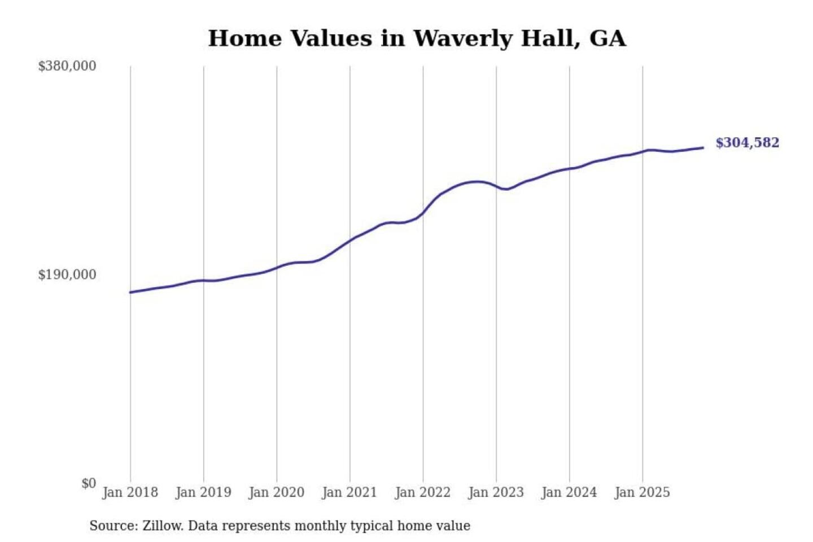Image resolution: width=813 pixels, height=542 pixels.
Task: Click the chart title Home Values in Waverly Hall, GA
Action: coord(417,38)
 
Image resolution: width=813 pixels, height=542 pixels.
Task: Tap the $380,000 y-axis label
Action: coord(67,66)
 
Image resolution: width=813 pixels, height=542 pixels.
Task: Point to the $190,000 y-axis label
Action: coord(67,274)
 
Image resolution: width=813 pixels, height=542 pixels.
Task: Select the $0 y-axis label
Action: coord(89,483)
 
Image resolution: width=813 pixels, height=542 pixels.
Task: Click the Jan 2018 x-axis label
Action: coord(130,492)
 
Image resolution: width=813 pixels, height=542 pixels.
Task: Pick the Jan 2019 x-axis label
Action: coord(203,492)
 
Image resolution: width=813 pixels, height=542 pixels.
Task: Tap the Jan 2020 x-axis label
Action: coord(277,492)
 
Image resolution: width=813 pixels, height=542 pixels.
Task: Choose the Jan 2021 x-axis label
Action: coord(349,492)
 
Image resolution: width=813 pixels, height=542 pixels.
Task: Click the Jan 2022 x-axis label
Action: coord(423,492)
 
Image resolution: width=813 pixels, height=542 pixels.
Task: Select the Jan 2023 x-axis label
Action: coord(496,492)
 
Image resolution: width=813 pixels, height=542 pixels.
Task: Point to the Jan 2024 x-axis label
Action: coord(569,492)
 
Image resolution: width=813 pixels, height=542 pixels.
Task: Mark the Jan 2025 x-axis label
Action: coord(642,492)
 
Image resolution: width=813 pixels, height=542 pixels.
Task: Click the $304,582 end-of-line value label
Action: coord(747,143)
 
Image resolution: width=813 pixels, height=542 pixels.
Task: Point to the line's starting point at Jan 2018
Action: coord(130,292)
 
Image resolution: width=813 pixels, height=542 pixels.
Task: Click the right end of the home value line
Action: coord(703,148)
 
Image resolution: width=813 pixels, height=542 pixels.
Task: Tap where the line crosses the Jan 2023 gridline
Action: coord(496,186)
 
